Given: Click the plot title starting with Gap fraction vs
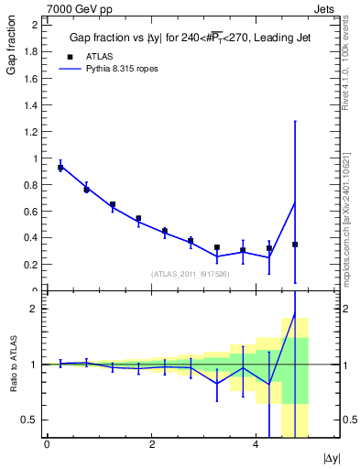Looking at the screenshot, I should click(x=189, y=38).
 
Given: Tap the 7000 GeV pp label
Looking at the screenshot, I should click(x=76, y=7).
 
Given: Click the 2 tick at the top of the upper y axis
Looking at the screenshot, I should click(x=34, y=25).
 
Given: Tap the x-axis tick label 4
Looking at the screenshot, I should click(x=256, y=444).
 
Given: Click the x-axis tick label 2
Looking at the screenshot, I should click(x=151, y=444).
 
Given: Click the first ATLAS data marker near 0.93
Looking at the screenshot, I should click(x=60, y=168).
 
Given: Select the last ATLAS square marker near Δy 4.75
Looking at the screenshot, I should click(x=295, y=245).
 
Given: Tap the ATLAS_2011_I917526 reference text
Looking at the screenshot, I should click(x=191, y=273).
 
